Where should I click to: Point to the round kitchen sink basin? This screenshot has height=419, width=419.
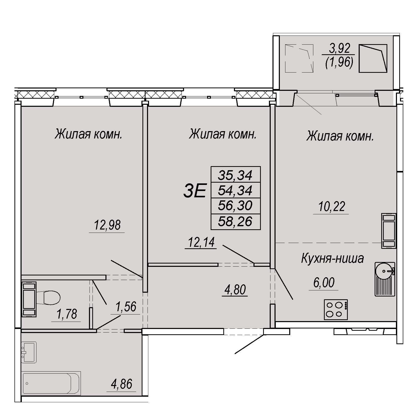(x=384, y=271)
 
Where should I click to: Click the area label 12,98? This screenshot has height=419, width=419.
(x=107, y=225)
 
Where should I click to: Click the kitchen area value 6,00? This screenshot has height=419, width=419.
(x=324, y=283)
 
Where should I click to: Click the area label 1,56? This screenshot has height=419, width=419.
(x=126, y=307)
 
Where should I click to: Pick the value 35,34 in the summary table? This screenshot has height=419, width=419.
(x=235, y=175)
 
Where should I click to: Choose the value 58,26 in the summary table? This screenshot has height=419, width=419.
(x=235, y=221)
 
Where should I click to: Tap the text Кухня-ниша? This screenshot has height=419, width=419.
(x=332, y=258)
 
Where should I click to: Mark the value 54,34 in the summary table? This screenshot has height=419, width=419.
(x=235, y=190)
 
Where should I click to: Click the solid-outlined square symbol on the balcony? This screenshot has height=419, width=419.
(x=373, y=58)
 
